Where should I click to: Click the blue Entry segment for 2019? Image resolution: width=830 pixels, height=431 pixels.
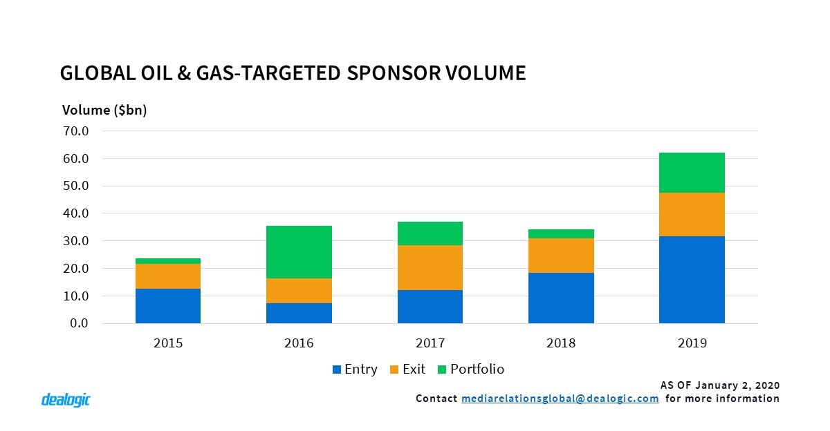click(692, 280)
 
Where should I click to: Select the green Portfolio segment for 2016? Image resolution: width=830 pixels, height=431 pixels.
click(299, 252)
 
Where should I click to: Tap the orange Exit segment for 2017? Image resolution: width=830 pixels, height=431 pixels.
click(430, 267)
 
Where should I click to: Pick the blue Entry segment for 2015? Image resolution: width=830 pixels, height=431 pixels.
click(168, 306)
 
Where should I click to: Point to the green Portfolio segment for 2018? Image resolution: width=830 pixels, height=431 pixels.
click(561, 233)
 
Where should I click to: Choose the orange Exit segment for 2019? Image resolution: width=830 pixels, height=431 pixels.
click(692, 214)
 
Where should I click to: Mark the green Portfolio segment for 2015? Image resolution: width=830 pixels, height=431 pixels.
click(168, 261)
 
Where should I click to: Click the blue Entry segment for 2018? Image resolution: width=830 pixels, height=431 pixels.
click(561, 298)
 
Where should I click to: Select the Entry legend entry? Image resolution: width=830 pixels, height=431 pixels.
click(355, 369)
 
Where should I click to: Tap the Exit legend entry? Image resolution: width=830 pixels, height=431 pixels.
click(407, 369)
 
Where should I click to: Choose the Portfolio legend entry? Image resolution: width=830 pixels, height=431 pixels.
click(470, 369)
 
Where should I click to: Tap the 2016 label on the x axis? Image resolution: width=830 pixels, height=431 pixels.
click(299, 343)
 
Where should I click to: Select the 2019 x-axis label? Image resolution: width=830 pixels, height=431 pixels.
click(692, 343)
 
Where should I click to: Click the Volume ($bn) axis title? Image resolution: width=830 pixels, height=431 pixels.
click(104, 110)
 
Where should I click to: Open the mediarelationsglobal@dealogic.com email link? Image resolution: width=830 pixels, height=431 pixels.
click(560, 399)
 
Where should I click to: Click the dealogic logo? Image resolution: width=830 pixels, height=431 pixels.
click(66, 399)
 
